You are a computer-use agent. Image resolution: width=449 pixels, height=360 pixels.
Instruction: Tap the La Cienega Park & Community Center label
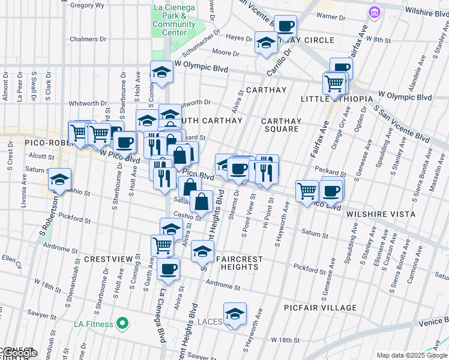click(x=174, y=20)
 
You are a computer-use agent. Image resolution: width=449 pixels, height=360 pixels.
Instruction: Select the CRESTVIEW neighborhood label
click(x=107, y=259)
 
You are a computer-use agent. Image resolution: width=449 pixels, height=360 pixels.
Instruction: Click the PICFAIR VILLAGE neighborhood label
click(x=321, y=308)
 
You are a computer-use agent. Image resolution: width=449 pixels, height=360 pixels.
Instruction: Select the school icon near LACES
click(x=235, y=313)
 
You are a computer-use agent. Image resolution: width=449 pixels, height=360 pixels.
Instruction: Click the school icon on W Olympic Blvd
click(x=161, y=73)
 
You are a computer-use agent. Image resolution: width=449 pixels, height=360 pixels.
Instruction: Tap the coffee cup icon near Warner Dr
click(x=286, y=26)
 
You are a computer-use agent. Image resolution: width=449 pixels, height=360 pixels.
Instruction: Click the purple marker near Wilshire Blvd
click(x=374, y=12)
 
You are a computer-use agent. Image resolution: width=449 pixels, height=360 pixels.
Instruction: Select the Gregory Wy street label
click(x=87, y=5)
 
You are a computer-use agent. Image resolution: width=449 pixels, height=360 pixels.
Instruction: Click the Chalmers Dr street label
click(x=88, y=39)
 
